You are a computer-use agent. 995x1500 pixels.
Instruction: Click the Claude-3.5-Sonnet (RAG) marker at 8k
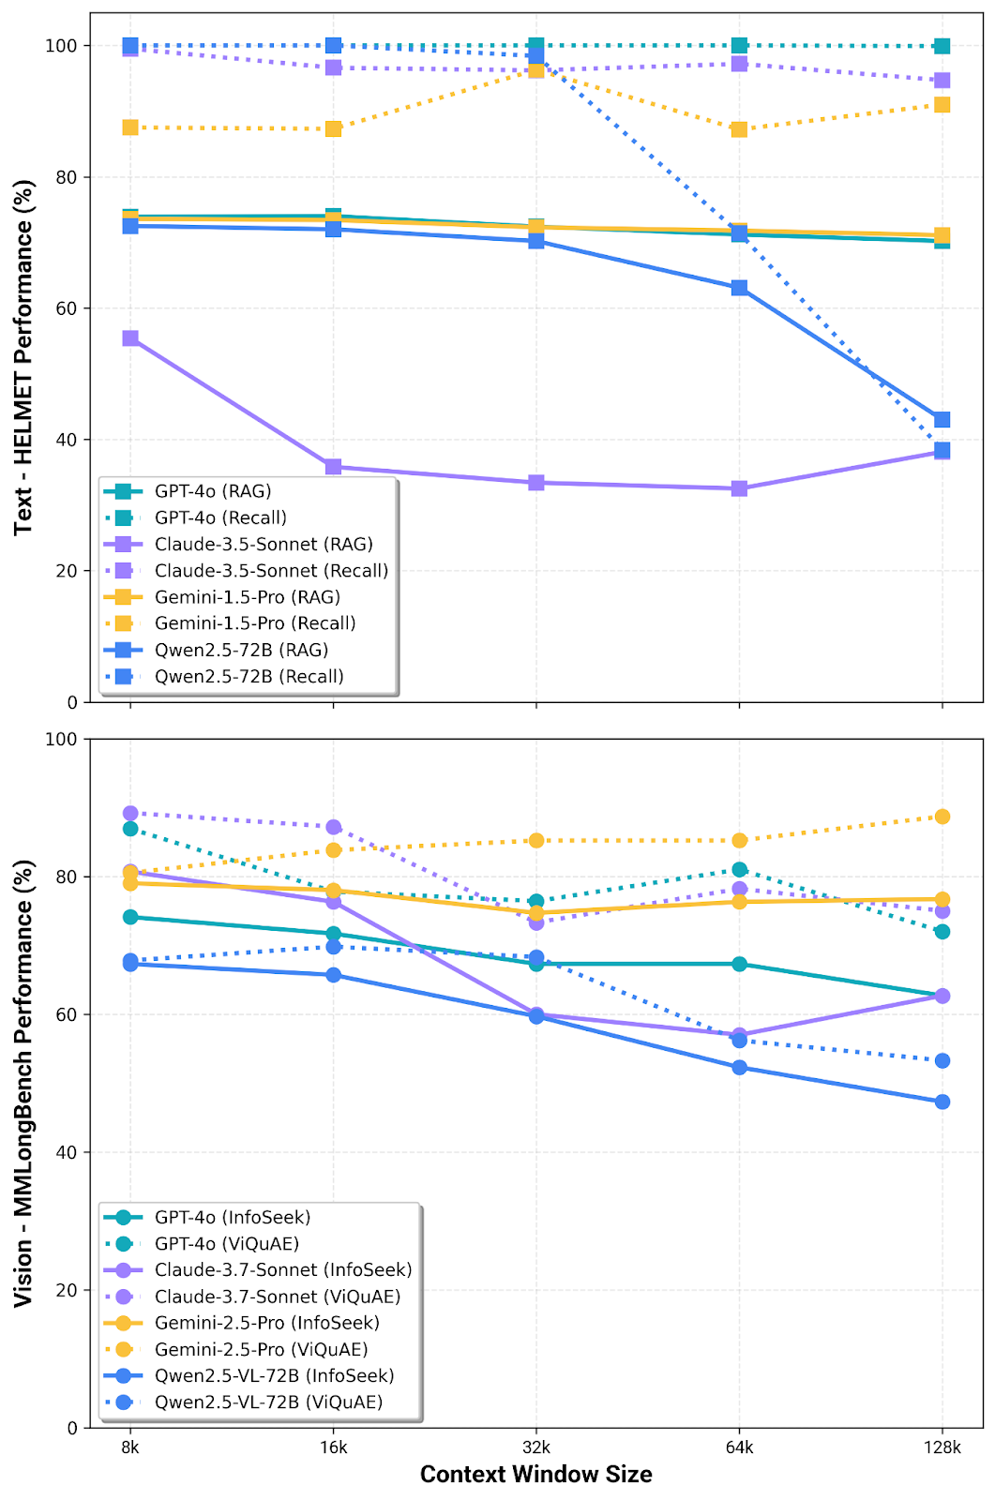130,338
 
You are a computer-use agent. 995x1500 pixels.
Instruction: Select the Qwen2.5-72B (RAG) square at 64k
739,288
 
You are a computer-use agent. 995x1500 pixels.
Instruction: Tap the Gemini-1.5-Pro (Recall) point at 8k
130,127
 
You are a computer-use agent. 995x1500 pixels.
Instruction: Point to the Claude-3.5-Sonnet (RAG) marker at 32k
536,483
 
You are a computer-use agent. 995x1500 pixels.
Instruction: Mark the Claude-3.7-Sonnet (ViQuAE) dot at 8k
130,814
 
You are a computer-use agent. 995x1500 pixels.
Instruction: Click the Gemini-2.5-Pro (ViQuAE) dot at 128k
942,817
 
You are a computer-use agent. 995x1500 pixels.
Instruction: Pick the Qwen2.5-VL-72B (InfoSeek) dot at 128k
942,1102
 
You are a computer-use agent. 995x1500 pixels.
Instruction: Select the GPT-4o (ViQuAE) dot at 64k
739,870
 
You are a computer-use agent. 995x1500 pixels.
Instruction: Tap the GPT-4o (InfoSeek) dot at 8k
130,917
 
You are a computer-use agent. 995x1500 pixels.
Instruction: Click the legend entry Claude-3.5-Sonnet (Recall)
271,571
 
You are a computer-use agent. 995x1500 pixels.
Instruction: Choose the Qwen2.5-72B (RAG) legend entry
241,650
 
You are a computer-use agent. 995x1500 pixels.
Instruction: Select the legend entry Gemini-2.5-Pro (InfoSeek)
267,1323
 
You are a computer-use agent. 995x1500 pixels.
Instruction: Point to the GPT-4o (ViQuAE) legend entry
227,1244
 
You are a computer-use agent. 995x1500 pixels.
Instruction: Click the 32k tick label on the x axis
536,1447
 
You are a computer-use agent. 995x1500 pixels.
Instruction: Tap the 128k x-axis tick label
942,1447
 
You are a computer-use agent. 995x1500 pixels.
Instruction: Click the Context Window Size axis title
535,1475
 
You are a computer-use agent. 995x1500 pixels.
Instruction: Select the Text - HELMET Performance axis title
24,357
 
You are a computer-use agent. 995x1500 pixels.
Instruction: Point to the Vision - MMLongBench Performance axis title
24,1083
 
